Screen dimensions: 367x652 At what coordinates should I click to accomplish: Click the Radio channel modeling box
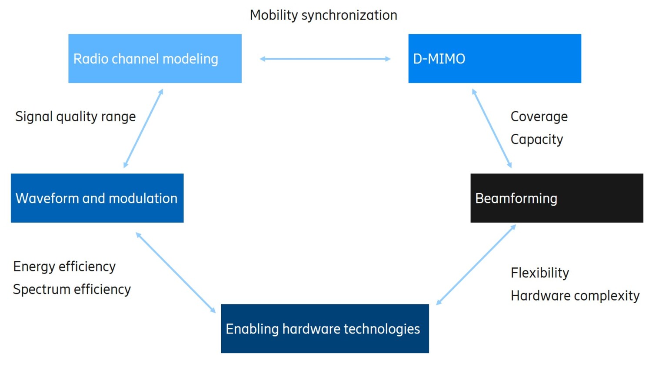pyautogui.click(x=155, y=58)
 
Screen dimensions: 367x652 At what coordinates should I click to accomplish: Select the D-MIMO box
pyautogui.click(x=494, y=58)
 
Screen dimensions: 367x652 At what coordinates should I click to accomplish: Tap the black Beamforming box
pyautogui.click(x=556, y=198)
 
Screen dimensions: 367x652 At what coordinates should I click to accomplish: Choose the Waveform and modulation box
pyautogui.click(x=97, y=198)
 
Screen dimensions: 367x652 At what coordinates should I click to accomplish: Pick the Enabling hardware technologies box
pyautogui.click(x=325, y=328)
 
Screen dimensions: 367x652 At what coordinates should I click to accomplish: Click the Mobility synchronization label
pyautogui.click(x=323, y=15)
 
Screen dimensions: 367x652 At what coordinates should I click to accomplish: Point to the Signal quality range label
pyautogui.click(x=75, y=117)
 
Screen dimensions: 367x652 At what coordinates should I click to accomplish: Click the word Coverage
pyautogui.click(x=539, y=117)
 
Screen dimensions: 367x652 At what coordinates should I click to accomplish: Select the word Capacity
pyautogui.click(x=536, y=139)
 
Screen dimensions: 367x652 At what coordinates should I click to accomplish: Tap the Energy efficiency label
pyautogui.click(x=64, y=267)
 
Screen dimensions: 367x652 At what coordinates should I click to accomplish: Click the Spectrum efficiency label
pyautogui.click(x=72, y=289)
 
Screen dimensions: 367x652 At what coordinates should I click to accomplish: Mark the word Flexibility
pyautogui.click(x=539, y=273)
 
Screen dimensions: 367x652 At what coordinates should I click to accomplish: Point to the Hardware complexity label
pyautogui.click(x=575, y=296)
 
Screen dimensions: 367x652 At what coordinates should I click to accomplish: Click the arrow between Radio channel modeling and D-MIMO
pyautogui.click(x=325, y=59)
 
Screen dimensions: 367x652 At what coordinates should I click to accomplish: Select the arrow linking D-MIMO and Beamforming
pyautogui.click(x=492, y=128)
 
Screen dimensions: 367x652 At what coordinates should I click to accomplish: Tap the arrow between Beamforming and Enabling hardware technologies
pyautogui.click(x=476, y=264)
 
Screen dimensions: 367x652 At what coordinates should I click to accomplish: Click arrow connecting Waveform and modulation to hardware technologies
pyautogui.click(x=176, y=273)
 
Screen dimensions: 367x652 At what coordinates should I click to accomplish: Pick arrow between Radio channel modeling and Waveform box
pyautogui.click(x=143, y=128)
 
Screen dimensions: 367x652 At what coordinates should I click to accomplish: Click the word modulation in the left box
pyautogui.click(x=143, y=198)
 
